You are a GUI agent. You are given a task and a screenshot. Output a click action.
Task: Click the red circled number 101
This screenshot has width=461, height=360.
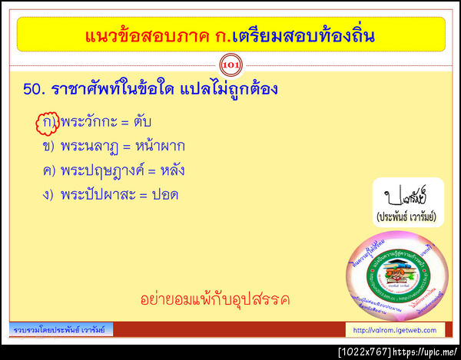coord(230,64)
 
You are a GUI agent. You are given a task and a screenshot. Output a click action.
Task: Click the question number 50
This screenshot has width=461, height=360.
coord(35,90)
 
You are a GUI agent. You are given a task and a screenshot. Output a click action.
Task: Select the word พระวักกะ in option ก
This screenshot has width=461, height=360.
coord(89,122)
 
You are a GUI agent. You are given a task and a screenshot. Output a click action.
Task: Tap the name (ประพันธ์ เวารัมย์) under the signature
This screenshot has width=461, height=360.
coord(406,217)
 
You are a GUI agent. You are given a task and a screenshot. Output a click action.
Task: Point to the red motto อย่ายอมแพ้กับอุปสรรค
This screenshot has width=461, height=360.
coord(215,299)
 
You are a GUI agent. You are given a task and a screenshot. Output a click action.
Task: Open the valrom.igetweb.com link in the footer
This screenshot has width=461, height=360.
coord(394,330)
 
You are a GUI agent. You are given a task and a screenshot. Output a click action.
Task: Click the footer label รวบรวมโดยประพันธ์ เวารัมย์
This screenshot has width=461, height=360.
coord(62,329)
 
